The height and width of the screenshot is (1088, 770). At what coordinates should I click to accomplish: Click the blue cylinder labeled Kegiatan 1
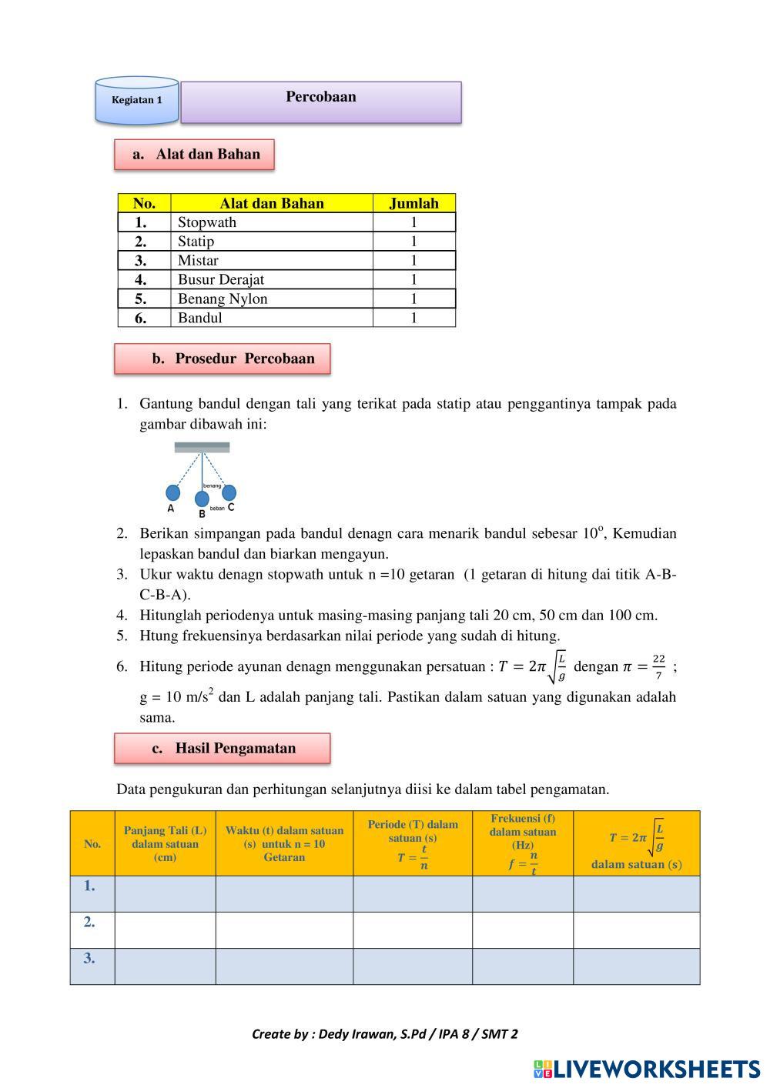(136, 101)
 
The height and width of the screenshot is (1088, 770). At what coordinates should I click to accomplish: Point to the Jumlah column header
(413, 203)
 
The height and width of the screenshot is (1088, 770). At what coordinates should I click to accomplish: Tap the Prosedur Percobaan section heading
(223, 359)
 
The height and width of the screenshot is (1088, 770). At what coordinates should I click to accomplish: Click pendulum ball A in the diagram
(173, 492)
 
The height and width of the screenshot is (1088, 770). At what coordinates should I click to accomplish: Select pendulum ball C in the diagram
(229, 492)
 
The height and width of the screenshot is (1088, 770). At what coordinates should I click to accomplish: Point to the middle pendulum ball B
(202, 499)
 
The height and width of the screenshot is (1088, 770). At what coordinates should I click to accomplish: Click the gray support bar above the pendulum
(202, 447)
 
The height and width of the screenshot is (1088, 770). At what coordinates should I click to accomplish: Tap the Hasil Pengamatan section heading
(223, 748)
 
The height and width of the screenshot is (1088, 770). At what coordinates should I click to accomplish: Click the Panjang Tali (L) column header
(165, 843)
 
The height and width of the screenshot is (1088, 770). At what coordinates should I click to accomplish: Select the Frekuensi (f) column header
(522, 843)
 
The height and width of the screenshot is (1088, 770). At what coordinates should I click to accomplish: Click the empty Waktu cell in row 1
(284, 893)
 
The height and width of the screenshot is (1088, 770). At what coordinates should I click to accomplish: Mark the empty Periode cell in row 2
(412, 929)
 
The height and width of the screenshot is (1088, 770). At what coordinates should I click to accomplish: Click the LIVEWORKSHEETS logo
(647, 1068)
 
